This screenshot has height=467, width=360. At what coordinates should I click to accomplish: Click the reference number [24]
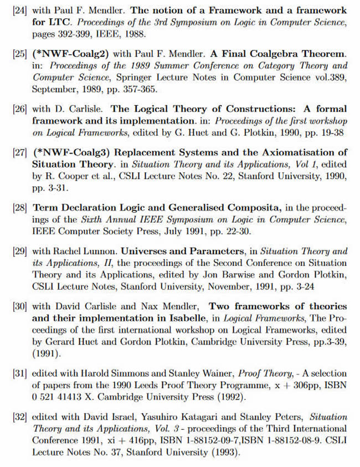20,11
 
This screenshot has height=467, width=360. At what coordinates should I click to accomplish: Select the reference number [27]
20,152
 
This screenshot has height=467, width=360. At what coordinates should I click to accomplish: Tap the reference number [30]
20,306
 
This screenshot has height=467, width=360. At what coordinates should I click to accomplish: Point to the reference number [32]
20,417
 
